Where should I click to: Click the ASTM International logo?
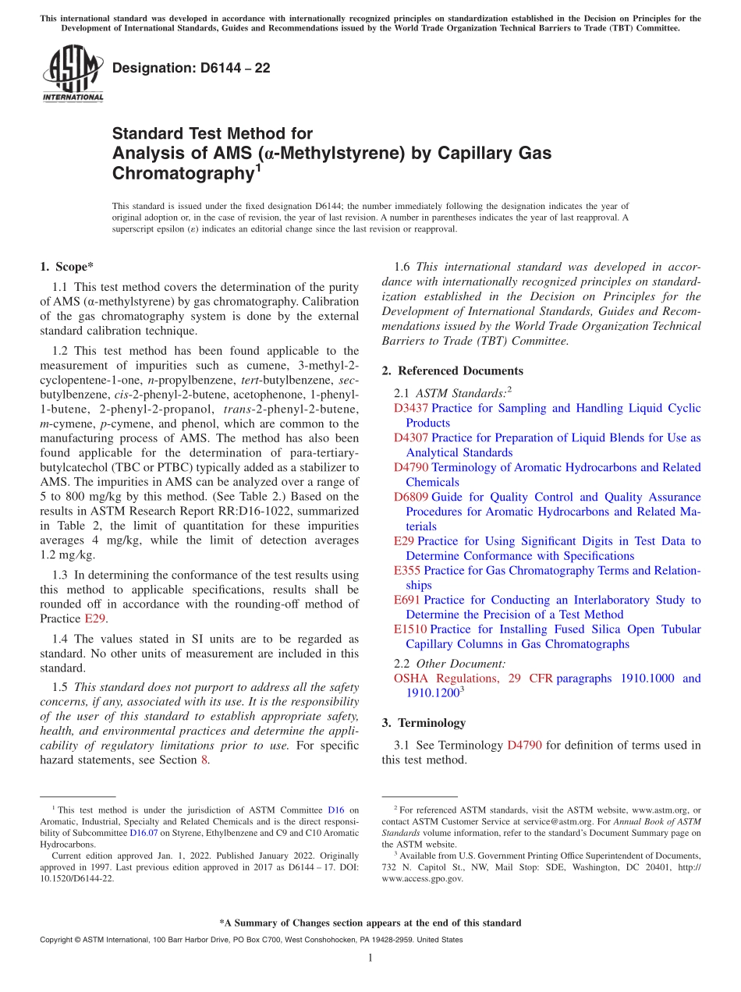[73, 75]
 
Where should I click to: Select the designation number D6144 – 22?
[191, 68]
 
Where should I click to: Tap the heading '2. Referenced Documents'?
[452, 370]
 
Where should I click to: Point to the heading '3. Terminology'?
[424, 723]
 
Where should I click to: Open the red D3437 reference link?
[410, 408]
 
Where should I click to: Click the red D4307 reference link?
[410, 438]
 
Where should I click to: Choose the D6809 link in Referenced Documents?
[410, 497]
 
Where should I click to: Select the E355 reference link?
[407, 570]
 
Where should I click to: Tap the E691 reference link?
[407, 600]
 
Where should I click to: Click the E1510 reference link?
[410, 629]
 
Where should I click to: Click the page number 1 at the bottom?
[370, 958]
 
